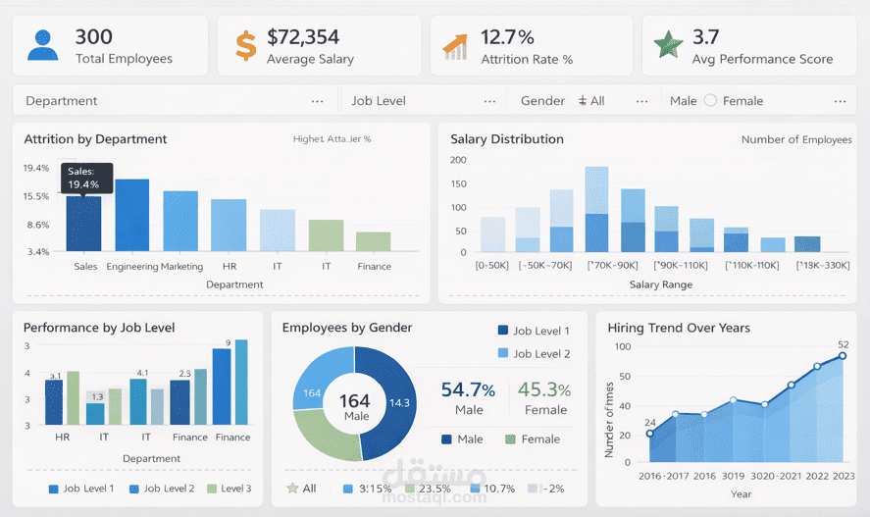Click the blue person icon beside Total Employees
[x=42, y=45]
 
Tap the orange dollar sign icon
[x=246, y=45]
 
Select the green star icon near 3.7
[x=669, y=44]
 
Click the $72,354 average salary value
[x=303, y=37]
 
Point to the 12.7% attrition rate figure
[x=507, y=37]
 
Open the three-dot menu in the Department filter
[x=317, y=101]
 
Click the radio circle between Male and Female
[x=711, y=100]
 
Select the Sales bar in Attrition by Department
[x=84, y=224]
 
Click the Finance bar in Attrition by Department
[x=374, y=241]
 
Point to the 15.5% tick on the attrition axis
[x=36, y=196]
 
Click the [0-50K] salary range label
[x=492, y=266]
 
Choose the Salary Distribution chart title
[x=507, y=139]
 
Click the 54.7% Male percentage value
[x=469, y=389]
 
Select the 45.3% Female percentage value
[x=545, y=389]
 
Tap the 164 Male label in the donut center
[x=356, y=407]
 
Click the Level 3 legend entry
[x=229, y=489]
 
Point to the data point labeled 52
[x=842, y=355]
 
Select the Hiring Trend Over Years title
[x=679, y=328]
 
